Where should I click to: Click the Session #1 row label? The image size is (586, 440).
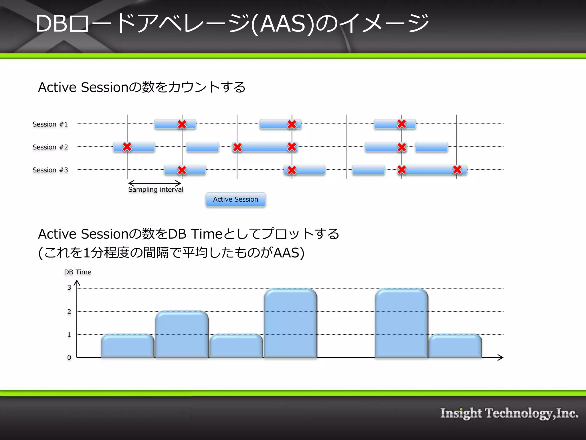[50, 124]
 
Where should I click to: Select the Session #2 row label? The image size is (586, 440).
[50, 147]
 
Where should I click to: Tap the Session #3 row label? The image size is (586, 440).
[50, 170]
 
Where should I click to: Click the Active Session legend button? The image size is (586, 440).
[235, 199]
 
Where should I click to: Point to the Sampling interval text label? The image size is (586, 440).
[156, 190]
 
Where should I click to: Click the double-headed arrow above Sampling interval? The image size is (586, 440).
[155, 183]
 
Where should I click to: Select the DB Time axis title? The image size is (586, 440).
[78, 272]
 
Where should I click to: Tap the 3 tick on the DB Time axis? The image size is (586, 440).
[69, 288]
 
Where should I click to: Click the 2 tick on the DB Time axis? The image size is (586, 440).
[69, 312]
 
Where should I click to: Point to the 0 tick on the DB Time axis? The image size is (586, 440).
[69, 357]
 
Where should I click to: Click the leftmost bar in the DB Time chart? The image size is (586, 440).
[128, 346]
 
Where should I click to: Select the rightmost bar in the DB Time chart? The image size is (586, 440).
[455, 346]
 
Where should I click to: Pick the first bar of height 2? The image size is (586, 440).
[182, 335]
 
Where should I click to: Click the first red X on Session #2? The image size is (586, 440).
[127, 147]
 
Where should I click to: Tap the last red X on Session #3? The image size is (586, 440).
[457, 170]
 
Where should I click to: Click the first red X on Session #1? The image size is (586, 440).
[182, 124]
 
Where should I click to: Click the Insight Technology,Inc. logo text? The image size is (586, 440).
[509, 413]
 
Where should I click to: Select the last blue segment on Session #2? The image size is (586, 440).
[431, 147]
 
